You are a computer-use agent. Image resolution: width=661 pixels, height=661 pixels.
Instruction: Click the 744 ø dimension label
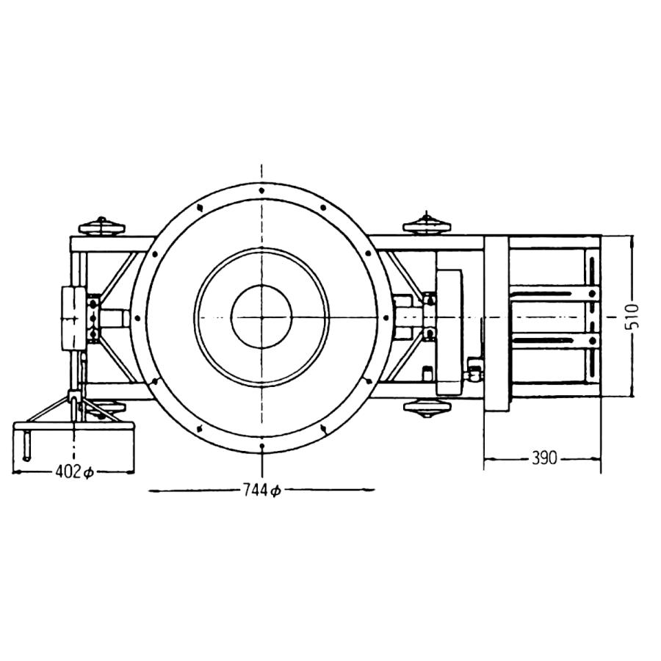click(x=261, y=490)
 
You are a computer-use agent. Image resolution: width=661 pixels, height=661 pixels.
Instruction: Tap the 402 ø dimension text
click(x=74, y=472)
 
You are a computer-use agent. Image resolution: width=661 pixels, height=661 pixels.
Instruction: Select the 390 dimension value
click(x=544, y=458)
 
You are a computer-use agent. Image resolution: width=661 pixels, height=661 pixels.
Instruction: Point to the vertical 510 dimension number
click(x=633, y=316)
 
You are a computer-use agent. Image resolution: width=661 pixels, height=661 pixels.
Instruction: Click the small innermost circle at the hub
click(x=261, y=317)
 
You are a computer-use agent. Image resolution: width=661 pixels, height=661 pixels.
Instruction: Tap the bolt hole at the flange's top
click(x=261, y=190)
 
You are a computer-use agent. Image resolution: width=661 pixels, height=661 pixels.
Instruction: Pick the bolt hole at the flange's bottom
click(x=262, y=446)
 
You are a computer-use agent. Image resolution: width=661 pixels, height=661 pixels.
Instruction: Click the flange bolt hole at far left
click(x=137, y=318)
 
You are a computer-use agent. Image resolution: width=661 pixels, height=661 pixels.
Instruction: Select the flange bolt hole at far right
click(x=386, y=317)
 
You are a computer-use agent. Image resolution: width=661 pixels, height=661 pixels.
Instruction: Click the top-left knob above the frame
click(x=101, y=227)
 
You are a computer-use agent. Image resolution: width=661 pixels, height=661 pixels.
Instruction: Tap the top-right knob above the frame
click(x=427, y=224)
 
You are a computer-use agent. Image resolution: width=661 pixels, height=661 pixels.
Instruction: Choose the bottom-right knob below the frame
click(x=427, y=408)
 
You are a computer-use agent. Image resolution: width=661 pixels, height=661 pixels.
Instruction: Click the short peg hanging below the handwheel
click(x=27, y=446)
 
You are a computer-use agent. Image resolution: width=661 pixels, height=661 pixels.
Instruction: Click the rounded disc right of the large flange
click(x=449, y=333)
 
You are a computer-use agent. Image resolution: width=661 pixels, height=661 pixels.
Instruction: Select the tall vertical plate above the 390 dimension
click(x=496, y=324)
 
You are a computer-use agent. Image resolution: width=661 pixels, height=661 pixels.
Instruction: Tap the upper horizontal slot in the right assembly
click(x=541, y=293)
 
